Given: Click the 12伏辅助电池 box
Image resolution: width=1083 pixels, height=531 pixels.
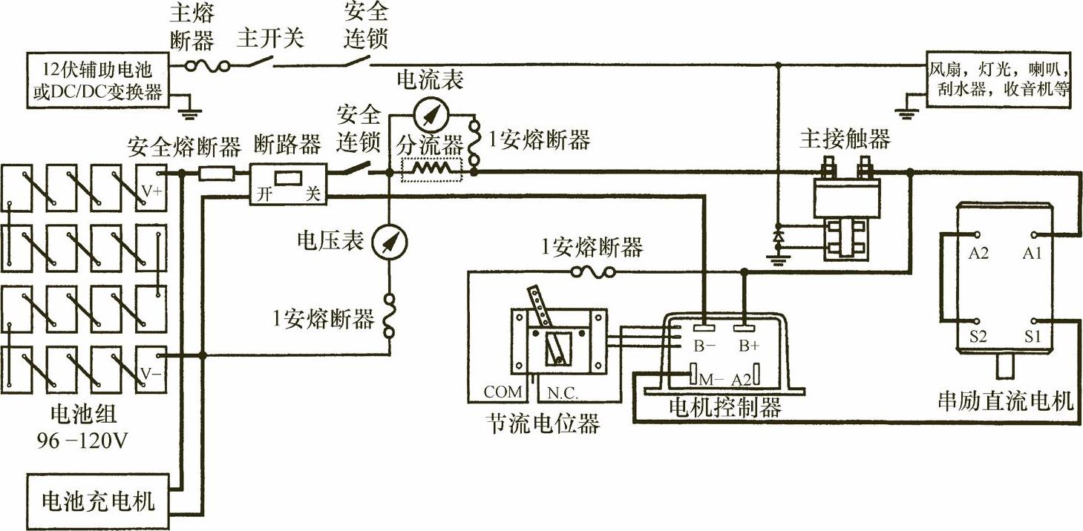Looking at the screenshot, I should (x=97, y=81).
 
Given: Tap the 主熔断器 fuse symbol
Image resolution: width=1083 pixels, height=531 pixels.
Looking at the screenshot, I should (x=205, y=66).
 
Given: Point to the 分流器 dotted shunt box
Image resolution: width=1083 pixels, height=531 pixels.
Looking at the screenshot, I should (x=431, y=169).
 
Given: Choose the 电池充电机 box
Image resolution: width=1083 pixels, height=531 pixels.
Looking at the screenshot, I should (x=97, y=501).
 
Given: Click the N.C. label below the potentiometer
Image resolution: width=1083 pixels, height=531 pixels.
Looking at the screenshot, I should (x=562, y=391).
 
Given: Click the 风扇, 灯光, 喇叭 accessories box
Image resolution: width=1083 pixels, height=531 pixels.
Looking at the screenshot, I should (x=1000, y=81).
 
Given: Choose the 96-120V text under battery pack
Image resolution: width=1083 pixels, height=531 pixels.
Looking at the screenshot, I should (x=82, y=443).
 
